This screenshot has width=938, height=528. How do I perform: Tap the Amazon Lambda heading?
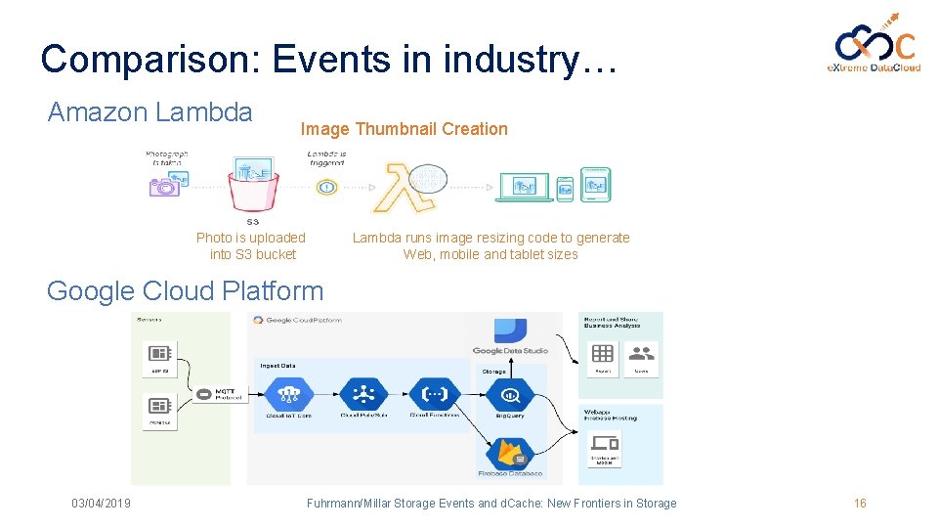pyautogui.click(x=149, y=112)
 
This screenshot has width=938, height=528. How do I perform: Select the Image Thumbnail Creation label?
pyautogui.click(x=404, y=129)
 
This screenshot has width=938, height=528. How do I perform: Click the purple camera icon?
pyautogui.click(x=163, y=185)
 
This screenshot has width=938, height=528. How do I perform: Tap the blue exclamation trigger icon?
pyautogui.click(x=326, y=186)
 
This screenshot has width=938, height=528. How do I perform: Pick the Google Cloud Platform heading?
pyautogui.click(x=185, y=290)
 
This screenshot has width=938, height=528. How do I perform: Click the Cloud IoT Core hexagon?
pyautogui.click(x=287, y=394)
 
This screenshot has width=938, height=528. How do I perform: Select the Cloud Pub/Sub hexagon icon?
pyautogui.click(x=361, y=394)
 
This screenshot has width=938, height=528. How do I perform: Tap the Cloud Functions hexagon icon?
pyautogui.click(x=433, y=394)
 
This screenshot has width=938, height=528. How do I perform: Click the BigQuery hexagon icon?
pyautogui.click(x=510, y=395)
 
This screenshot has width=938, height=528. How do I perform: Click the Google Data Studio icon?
pyautogui.click(x=509, y=331)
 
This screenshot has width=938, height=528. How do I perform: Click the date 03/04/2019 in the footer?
pyautogui.click(x=101, y=504)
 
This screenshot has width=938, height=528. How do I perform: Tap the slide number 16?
pyautogui.click(x=860, y=504)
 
